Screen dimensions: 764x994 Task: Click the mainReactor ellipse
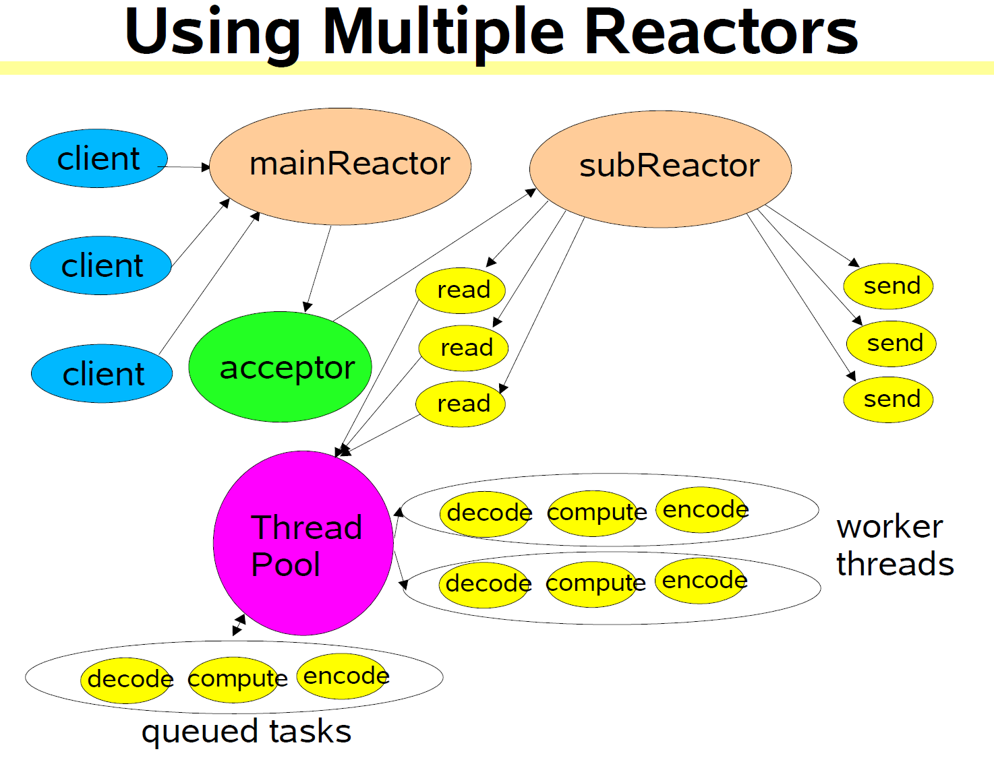340,166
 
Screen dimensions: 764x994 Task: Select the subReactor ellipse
660,168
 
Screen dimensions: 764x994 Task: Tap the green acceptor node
280,367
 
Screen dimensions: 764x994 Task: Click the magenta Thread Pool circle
303,543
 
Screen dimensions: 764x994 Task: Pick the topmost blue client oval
97,158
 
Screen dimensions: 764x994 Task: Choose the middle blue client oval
101,265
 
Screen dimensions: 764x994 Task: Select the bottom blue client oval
102,374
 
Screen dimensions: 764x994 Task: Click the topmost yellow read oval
461,290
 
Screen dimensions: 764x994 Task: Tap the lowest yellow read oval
461,404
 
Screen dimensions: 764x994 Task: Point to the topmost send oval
888,286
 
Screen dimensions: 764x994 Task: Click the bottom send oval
888,400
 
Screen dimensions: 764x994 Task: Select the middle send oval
891,344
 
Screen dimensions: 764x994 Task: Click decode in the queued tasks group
128,679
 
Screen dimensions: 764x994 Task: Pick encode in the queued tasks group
344,676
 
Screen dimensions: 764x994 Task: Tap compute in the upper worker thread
594,513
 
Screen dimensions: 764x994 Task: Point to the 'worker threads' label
894,545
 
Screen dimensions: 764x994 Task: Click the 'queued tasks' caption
246,732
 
